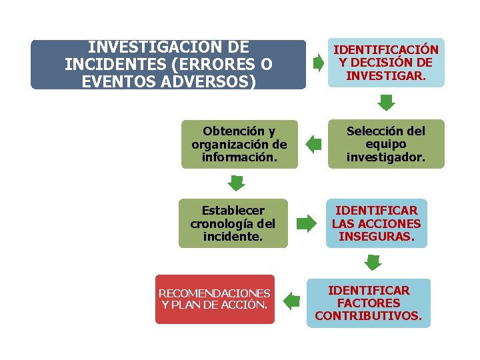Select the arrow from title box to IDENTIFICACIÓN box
(x=319, y=63)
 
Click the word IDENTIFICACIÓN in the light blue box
(x=386, y=50)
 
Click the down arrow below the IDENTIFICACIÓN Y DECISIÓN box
(x=387, y=102)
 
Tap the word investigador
(x=385, y=157)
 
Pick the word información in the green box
(x=239, y=157)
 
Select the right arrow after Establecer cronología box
(x=307, y=223)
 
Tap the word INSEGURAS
(x=376, y=237)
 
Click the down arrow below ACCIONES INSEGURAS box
(x=373, y=262)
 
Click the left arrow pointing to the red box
(x=291, y=301)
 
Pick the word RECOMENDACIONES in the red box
(x=215, y=293)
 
